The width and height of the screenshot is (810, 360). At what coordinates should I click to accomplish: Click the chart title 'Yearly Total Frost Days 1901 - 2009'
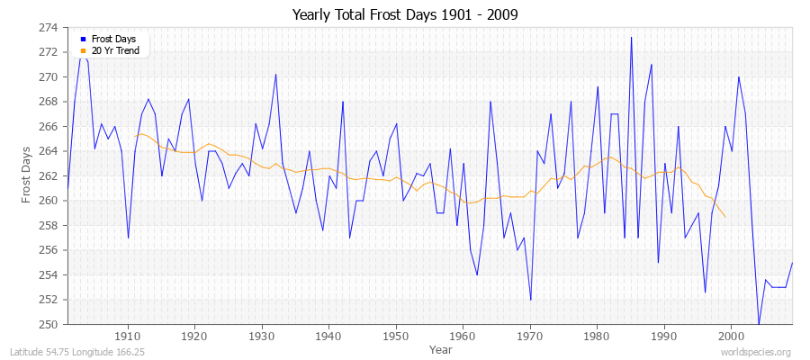405,15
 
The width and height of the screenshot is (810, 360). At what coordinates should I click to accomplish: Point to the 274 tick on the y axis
47,28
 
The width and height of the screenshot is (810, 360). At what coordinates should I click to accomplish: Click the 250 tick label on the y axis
47,324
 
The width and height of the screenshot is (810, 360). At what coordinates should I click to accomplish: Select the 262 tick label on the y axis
47,175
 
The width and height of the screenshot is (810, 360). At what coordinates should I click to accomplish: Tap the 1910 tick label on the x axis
128,337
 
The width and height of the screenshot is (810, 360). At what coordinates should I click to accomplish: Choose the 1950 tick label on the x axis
396,337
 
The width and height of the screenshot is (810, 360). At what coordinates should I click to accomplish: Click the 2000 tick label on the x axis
731,337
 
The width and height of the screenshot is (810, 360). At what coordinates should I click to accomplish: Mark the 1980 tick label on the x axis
597,337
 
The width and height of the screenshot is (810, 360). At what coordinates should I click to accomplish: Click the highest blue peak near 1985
631,38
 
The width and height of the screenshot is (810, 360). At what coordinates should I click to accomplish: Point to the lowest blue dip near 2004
759,323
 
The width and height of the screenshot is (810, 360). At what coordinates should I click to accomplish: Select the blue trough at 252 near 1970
530,299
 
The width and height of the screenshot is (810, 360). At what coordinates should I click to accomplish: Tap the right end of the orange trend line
725,217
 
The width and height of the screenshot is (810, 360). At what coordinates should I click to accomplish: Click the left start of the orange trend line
135,136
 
